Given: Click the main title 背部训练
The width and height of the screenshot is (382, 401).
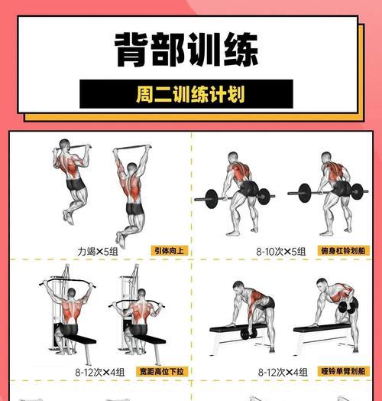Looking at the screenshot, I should coord(186,50).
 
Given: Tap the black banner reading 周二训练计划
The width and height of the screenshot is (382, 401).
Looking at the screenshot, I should coord(186,94).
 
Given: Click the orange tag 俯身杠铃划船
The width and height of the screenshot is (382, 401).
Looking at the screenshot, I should coord(343,250).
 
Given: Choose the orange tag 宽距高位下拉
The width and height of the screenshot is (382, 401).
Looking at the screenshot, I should coord(161,371).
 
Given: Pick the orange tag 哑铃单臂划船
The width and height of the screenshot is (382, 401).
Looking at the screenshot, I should coord(343,371).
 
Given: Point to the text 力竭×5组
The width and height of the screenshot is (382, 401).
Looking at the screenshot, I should coord(97,251).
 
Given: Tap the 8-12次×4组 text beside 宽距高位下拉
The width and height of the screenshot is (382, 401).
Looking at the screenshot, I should coord(99,371).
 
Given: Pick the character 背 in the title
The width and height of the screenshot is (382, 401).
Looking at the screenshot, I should coord(133,50).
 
